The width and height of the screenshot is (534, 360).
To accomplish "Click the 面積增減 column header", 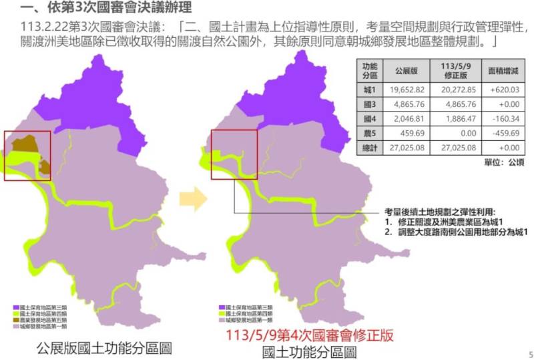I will (x=503, y=69).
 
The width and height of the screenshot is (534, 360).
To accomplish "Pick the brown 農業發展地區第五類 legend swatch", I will (x=18, y=319).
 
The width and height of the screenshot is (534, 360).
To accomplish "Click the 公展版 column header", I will (x=406, y=69).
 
